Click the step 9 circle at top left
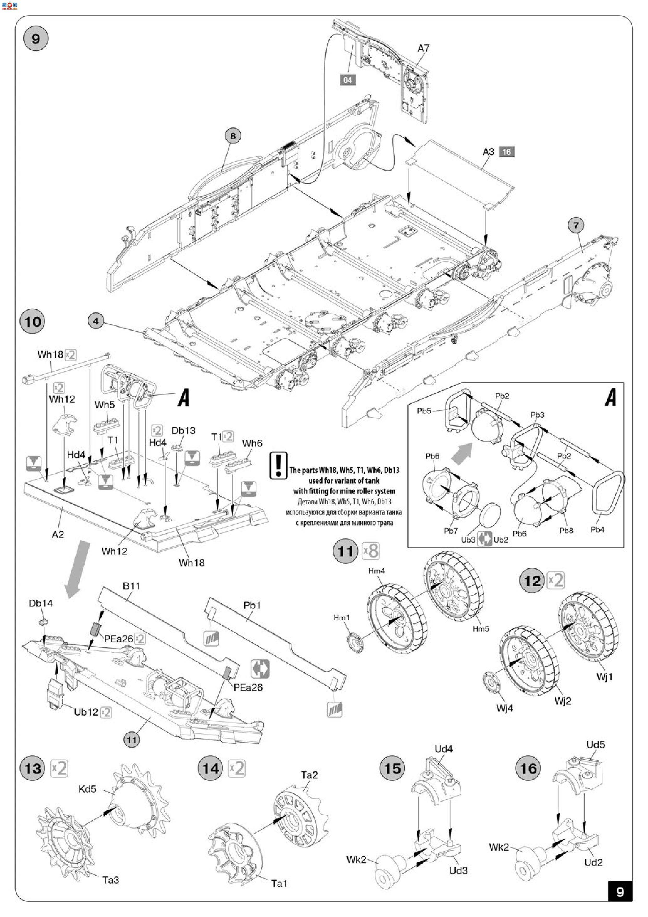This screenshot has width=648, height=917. pos(36,39)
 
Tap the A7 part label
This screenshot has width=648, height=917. pos(423,48)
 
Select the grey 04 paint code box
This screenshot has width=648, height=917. pos(347,80)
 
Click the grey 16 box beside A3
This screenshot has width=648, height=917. pos(506,152)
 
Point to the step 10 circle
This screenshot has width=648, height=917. pos(32,322)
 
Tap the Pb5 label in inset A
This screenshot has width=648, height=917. pos(424,411)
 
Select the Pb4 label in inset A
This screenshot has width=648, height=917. pos(597,530)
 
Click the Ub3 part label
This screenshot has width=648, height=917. pos(468,540)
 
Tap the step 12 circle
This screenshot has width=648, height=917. pos(532,581)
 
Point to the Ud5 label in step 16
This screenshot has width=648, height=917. pos(595,744)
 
